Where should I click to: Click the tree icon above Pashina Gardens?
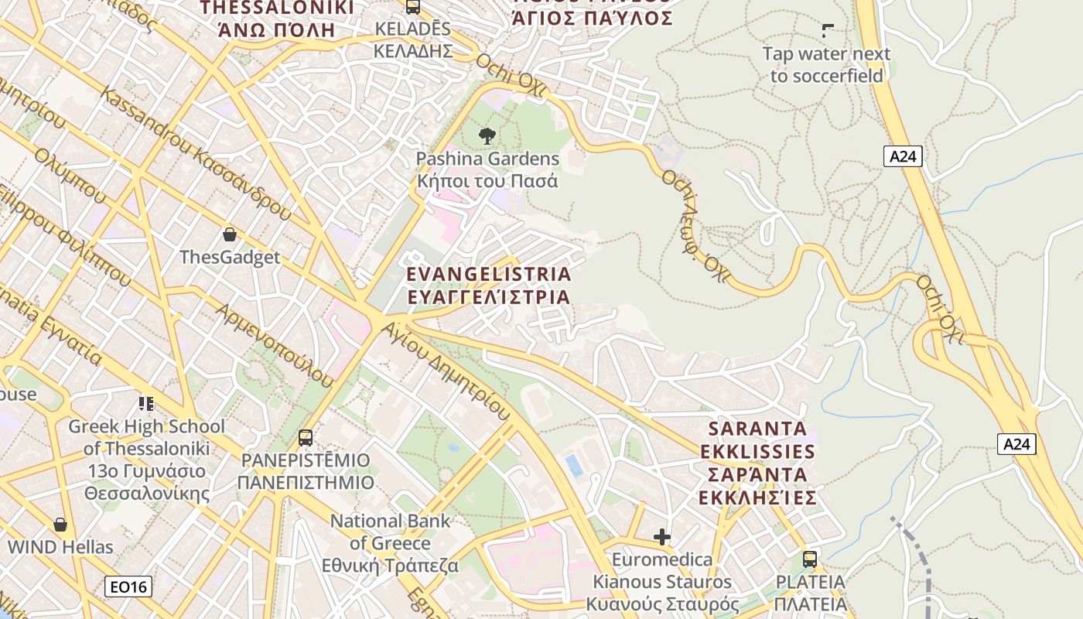(487, 136)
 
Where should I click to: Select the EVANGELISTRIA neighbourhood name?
(489, 286)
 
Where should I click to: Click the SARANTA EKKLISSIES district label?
(757, 463)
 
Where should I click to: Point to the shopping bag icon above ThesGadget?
(229, 234)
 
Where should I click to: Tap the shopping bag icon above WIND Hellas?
(60, 525)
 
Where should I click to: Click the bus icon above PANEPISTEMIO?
(306, 438)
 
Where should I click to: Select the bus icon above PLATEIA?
(810, 559)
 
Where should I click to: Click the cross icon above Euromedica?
(662, 536)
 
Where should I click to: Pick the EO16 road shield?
(128, 587)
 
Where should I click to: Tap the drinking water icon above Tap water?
(827, 32)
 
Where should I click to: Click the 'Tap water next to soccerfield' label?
(826, 65)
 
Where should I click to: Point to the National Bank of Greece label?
(390, 543)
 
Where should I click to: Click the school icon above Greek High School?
(146, 403)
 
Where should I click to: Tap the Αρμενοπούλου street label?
(275, 345)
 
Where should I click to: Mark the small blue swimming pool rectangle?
(574, 466)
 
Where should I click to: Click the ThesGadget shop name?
(230, 257)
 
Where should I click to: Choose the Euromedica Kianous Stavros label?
(662, 581)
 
